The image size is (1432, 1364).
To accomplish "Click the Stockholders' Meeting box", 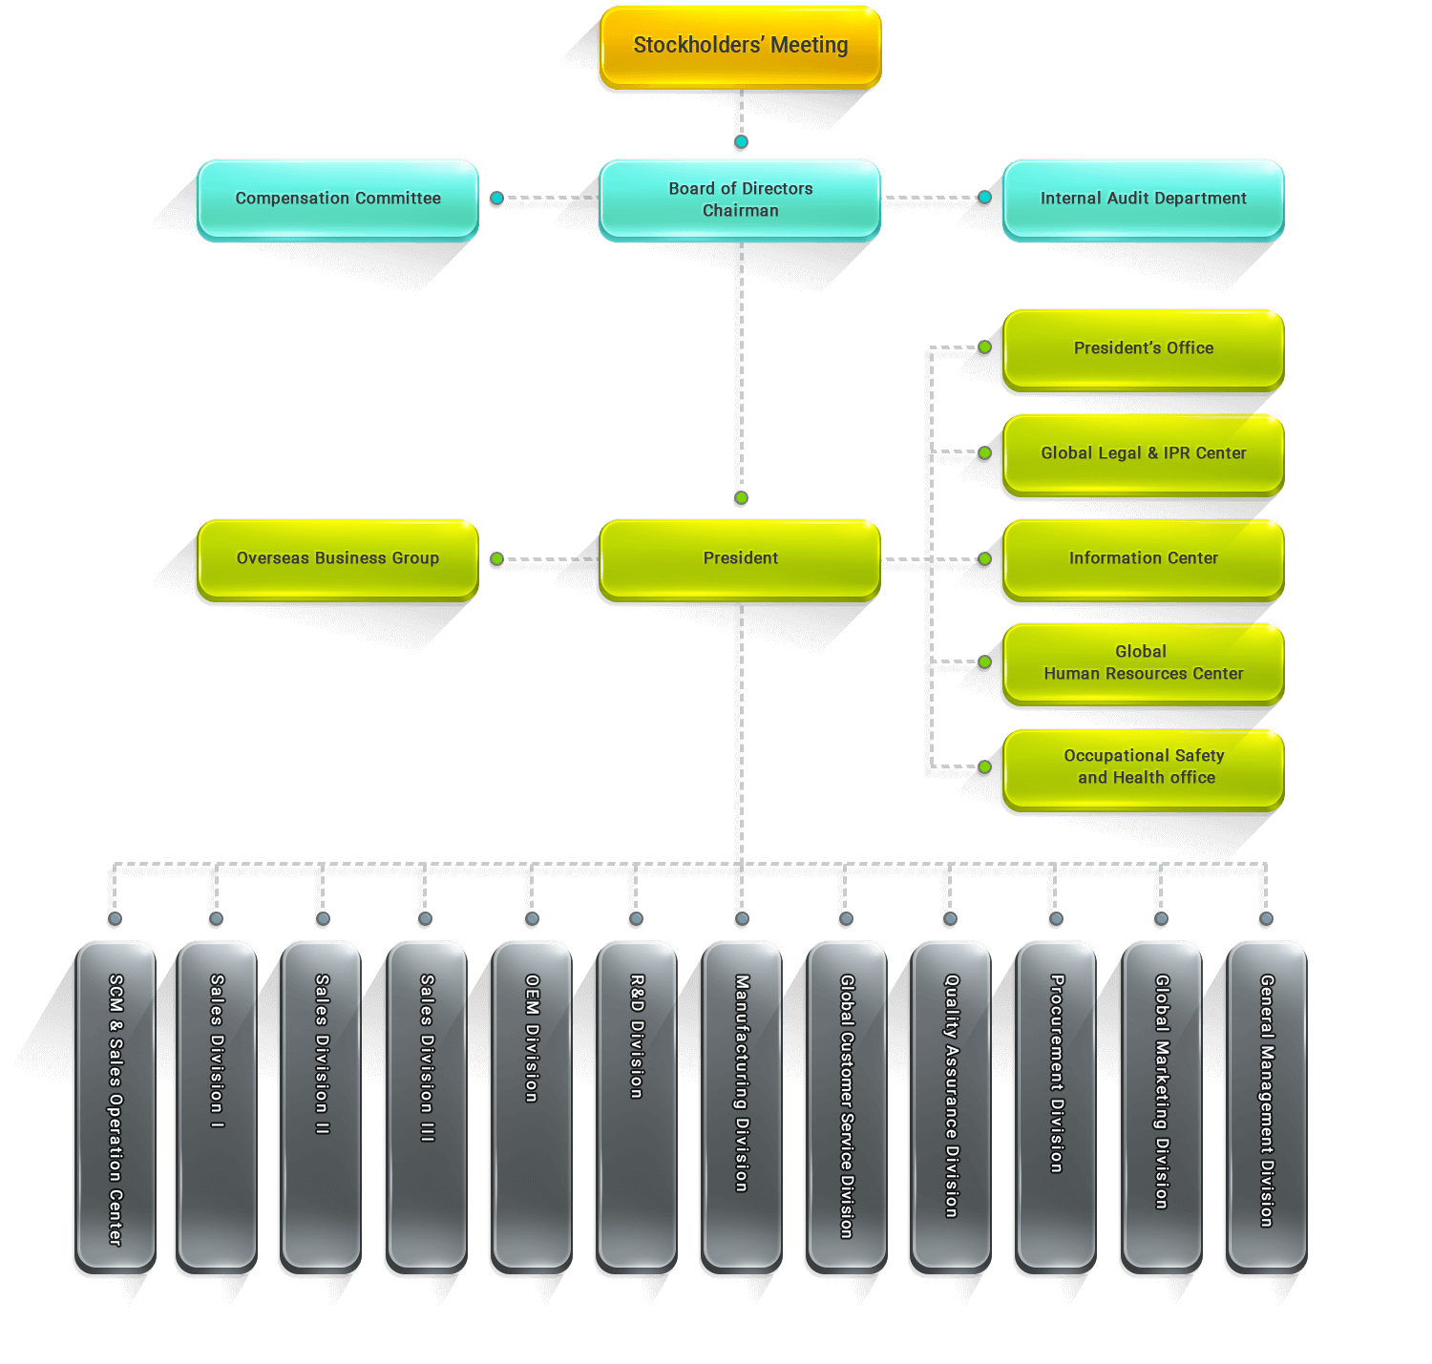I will (740, 47).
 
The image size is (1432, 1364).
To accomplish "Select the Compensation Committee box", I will (338, 199).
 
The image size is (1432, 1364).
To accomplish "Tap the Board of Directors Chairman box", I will (740, 199).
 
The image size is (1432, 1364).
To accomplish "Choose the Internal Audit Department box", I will (1143, 199).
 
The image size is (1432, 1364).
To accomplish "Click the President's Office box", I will (1143, 348).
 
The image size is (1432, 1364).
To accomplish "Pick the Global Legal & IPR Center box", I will (1143, 453).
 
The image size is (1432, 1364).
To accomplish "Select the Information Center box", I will (1143, 558).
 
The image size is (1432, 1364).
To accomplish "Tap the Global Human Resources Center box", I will (1143, 662).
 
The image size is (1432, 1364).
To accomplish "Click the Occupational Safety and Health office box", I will (1143, 767).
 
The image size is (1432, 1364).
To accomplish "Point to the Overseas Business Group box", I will (338, 558).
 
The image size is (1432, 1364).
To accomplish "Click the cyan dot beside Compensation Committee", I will (497, 199).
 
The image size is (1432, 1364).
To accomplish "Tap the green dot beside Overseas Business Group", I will (497, 558).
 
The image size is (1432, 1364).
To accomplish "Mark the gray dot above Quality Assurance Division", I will (950, 918).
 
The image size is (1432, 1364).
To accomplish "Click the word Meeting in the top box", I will (809, 46).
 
